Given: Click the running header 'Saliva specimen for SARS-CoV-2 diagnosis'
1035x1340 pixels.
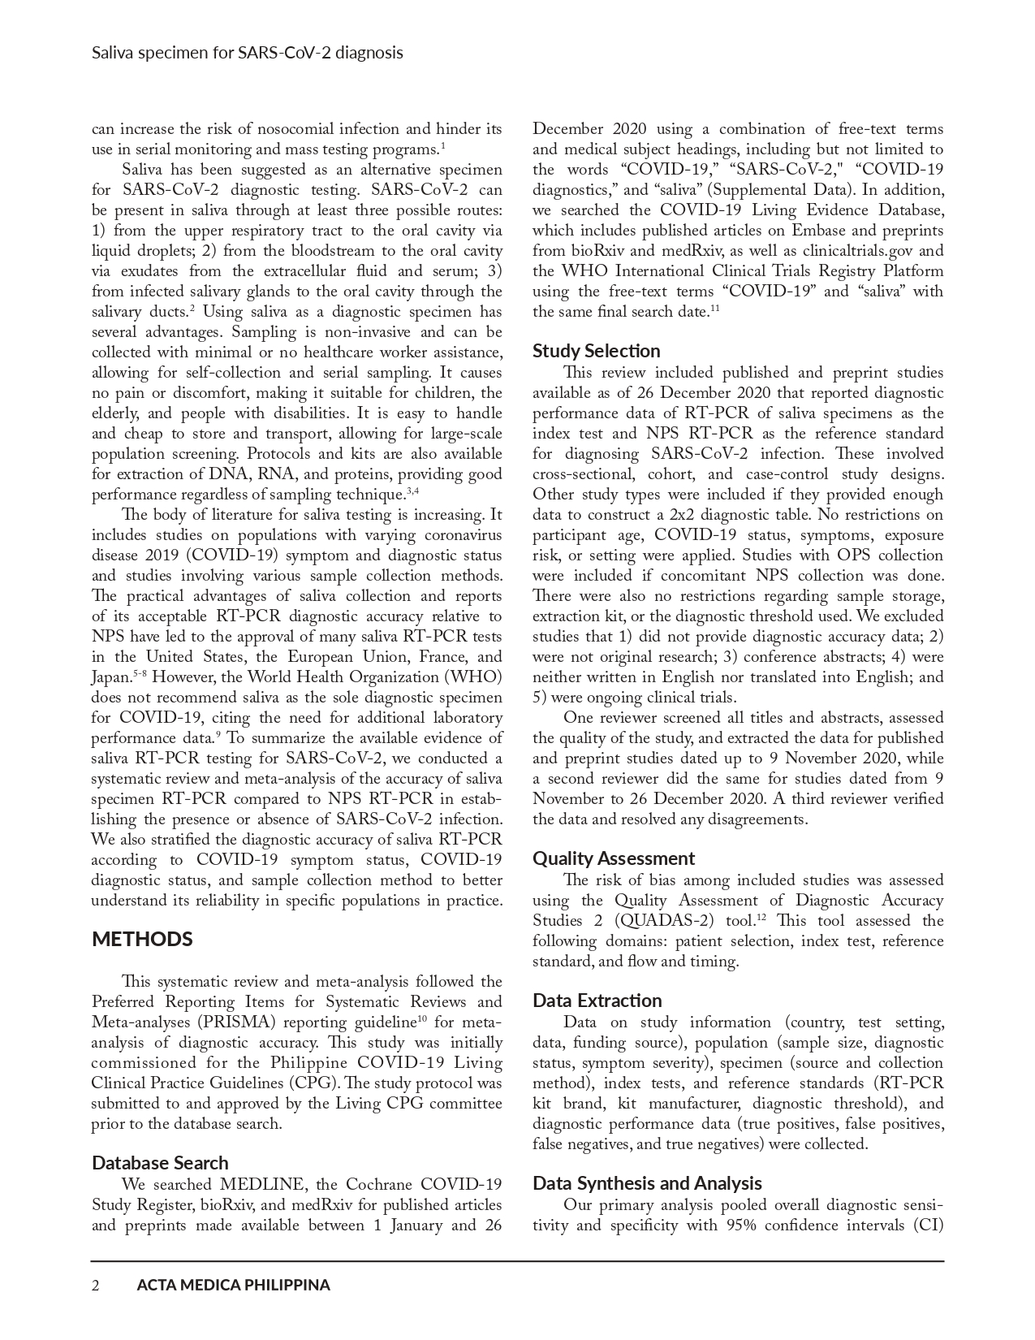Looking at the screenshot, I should point(247,54).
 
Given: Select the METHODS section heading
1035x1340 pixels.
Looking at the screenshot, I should point(142,940).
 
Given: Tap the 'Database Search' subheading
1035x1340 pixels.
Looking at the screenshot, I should point(160,1163).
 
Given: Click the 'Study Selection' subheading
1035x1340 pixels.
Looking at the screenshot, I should point(596,351).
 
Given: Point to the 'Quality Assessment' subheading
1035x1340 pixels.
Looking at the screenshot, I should point(614,858).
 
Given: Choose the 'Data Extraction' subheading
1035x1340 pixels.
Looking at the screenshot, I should point(597,1001).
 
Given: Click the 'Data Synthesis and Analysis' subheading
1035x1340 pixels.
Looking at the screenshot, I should point(647,1183).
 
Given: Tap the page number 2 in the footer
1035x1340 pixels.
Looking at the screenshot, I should point(96,1286).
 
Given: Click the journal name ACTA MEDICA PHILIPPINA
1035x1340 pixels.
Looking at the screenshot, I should point(233,1286).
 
